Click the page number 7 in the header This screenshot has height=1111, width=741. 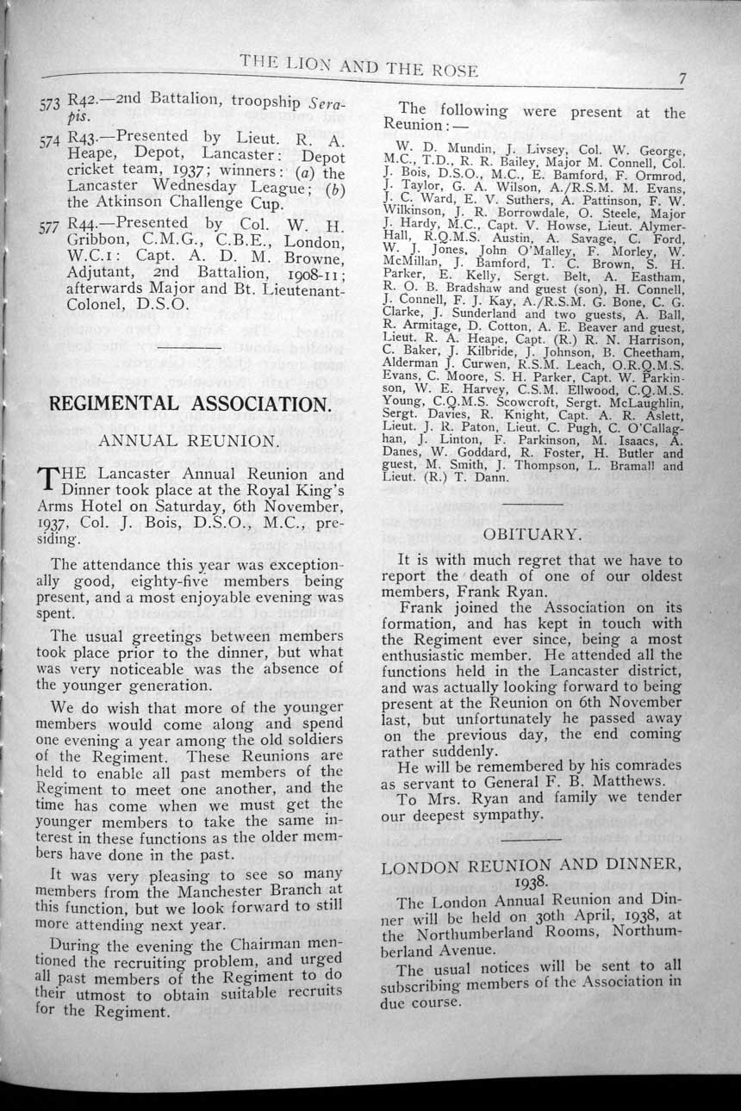[x=681, y=78]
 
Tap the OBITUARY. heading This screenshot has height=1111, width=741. [x=532, y=534]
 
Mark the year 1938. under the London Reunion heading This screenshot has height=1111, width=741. [x=532, y=883]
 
